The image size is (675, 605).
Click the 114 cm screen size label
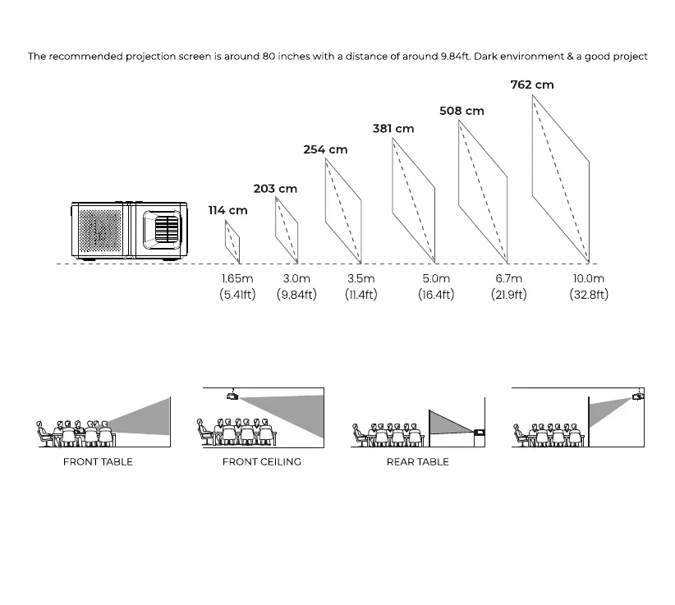tap(227, 210)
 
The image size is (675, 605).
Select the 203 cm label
tap(275, 189)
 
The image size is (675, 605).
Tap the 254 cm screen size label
tap(325, 149)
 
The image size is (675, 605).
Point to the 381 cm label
tap(393, 128)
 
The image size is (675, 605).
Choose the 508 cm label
tap(461, 111)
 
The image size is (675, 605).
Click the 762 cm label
tap(532, 85)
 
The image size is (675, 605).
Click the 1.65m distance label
tap(237, 279)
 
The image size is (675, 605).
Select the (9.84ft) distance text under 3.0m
tap(296, 295)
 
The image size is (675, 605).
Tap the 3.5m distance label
tap(360, 279)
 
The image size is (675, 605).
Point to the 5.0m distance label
tap(436, 279)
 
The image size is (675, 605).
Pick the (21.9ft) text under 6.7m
tap(509, 295)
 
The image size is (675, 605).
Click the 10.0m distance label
tap(589, 279)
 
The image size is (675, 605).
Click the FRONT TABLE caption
tap(98, 462)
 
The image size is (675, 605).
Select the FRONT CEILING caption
tap(262, 462)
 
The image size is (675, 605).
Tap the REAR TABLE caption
tap(418, 462)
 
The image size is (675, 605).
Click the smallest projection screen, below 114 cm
tap(232, 241)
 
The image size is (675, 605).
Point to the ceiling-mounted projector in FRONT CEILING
tap(233, 396)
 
